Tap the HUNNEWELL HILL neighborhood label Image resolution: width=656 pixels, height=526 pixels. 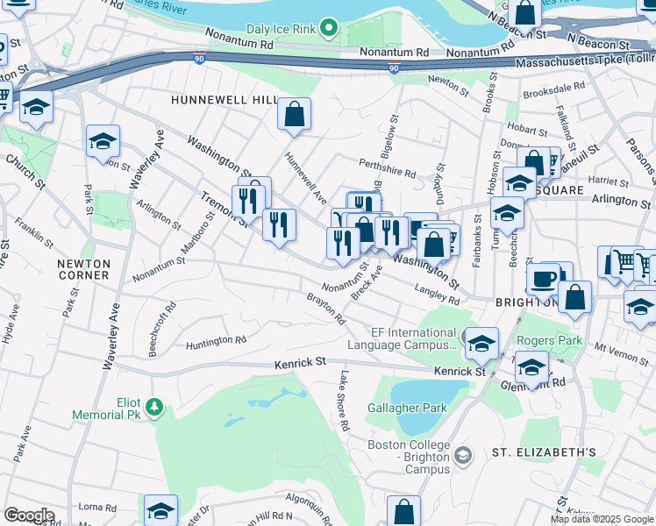[x=224, y=101]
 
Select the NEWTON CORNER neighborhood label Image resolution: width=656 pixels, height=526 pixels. [x=84, y=269]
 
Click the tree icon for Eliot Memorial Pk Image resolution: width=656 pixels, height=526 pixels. [x=154, y=405]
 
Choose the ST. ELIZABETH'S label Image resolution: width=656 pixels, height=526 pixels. [x=544, y=452]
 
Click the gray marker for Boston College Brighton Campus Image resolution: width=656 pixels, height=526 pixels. [x=464, y=453]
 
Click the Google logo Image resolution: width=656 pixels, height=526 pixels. [x=29, y=515]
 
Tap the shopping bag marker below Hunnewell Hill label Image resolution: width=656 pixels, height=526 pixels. [x=295, y=113]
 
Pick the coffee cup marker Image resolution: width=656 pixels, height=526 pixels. [x=543, y=278]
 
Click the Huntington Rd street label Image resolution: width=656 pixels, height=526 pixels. [x=210, y=340]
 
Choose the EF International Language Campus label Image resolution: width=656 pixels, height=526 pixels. [x=402, y=338]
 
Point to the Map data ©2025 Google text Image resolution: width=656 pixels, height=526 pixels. [x=602, y=519]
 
